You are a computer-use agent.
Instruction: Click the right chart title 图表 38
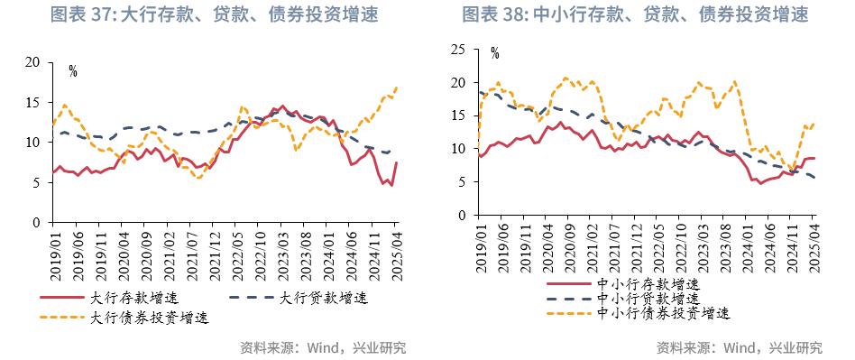tap(635, 14)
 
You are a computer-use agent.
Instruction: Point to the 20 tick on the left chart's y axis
tap(33, 62)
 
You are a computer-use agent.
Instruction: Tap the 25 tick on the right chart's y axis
tap(458, 50)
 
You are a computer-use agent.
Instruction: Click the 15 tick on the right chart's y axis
tap(458, 115)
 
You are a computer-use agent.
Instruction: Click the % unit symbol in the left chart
tap(73, 71)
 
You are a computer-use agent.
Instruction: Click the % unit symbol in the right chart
tap(494, 54)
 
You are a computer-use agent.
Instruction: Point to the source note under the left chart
tap(323, 347)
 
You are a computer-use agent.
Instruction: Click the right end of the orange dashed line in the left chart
tap(397, 88)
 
